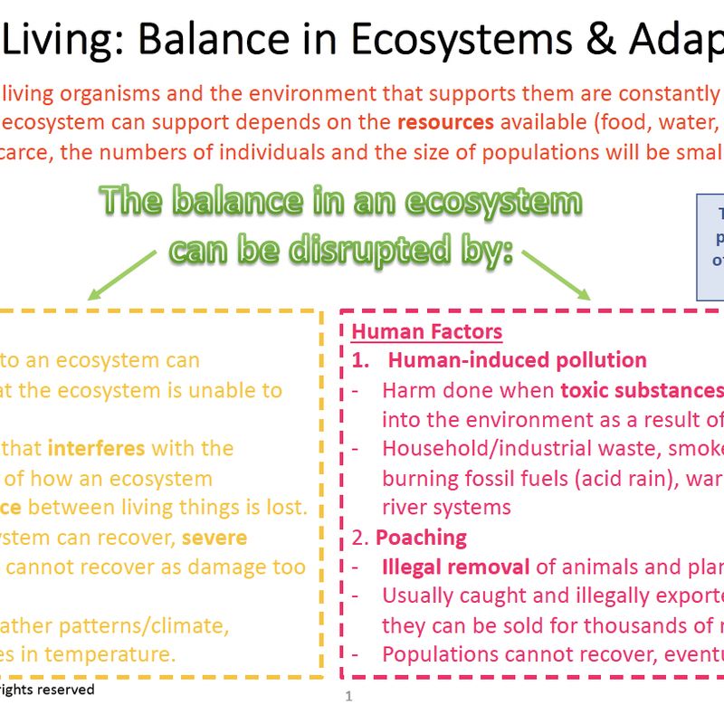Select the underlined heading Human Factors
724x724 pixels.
426,331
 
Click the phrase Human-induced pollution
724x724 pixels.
517,360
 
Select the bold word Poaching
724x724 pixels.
421,537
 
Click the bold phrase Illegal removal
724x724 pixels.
454,567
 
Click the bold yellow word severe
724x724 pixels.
214,537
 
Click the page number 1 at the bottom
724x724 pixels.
348,696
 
